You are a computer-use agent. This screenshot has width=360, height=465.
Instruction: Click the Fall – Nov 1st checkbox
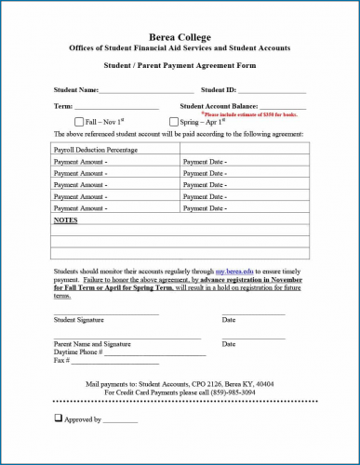tap(79, 122)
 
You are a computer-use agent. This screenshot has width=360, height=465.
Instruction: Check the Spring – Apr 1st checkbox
tap(174, 122)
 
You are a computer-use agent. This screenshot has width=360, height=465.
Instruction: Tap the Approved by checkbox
tap(59, 419)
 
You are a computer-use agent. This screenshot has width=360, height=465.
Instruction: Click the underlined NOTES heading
tap(65, 220)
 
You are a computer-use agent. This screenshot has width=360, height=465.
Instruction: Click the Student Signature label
tap(78, 320)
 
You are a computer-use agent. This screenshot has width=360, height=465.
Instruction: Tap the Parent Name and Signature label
tap(92, 344)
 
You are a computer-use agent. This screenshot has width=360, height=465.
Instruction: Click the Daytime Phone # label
tap(77, 352)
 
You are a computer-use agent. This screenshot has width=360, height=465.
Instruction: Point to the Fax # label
tap(62, 361)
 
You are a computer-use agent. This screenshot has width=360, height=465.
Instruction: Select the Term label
tap(63, 107)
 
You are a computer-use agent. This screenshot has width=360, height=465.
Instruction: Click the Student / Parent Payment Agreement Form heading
tap(180, 66)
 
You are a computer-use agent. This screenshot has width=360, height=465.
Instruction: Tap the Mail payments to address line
tap(180, 383)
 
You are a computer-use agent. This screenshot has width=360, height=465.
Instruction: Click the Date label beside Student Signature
tap(229, 320)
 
